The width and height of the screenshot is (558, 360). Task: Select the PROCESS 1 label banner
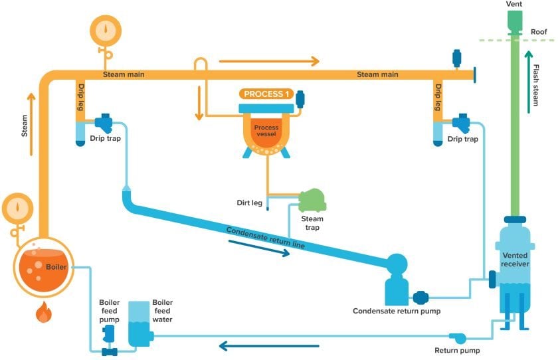pos(266,94)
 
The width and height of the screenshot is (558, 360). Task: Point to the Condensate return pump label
pos(396,311)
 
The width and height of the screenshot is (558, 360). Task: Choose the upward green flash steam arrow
pos(529,80)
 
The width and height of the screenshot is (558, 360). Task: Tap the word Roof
pos(539,31)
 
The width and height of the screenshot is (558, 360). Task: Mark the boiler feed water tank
pos(139,325)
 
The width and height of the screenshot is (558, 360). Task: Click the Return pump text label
pos(457,350)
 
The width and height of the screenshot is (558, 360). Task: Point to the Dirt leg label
pos(249,203)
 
